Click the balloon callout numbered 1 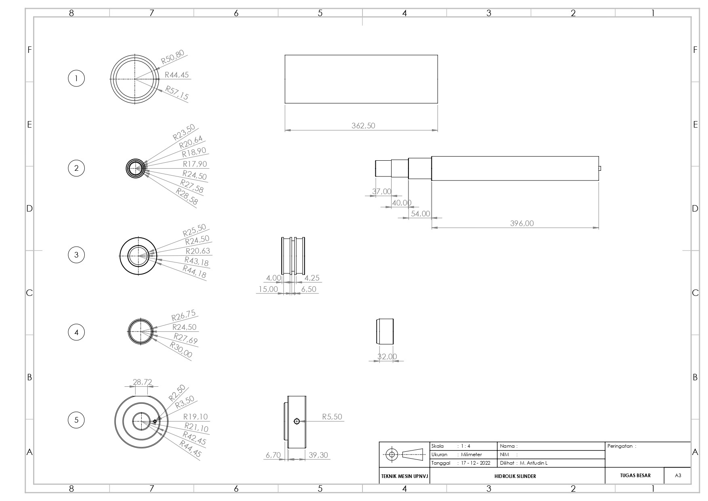[76, 78]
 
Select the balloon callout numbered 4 [76, 333]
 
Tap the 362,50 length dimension [363, 126]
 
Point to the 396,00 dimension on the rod [522, 223]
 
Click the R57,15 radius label [177, 93]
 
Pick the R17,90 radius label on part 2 [195, 164]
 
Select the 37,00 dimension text [381, 191]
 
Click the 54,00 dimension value [420, 214]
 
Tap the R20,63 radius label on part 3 [198, 251]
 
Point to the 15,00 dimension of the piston [268, 289]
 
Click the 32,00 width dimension [387, 356]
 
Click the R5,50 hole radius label [332, 417]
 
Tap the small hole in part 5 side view [297, 421]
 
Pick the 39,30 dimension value [318, 455]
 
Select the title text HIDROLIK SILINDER [515, 476]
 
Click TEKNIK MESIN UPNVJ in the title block [404, 476]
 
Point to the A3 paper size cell [678, 476]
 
